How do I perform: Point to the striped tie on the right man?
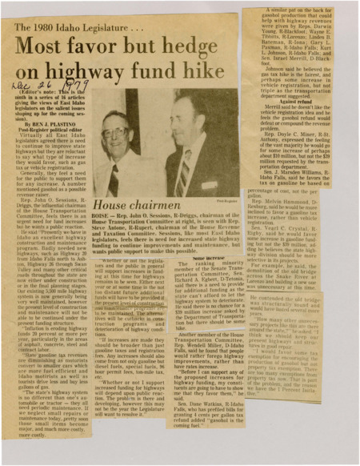[x=181, y=177]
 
